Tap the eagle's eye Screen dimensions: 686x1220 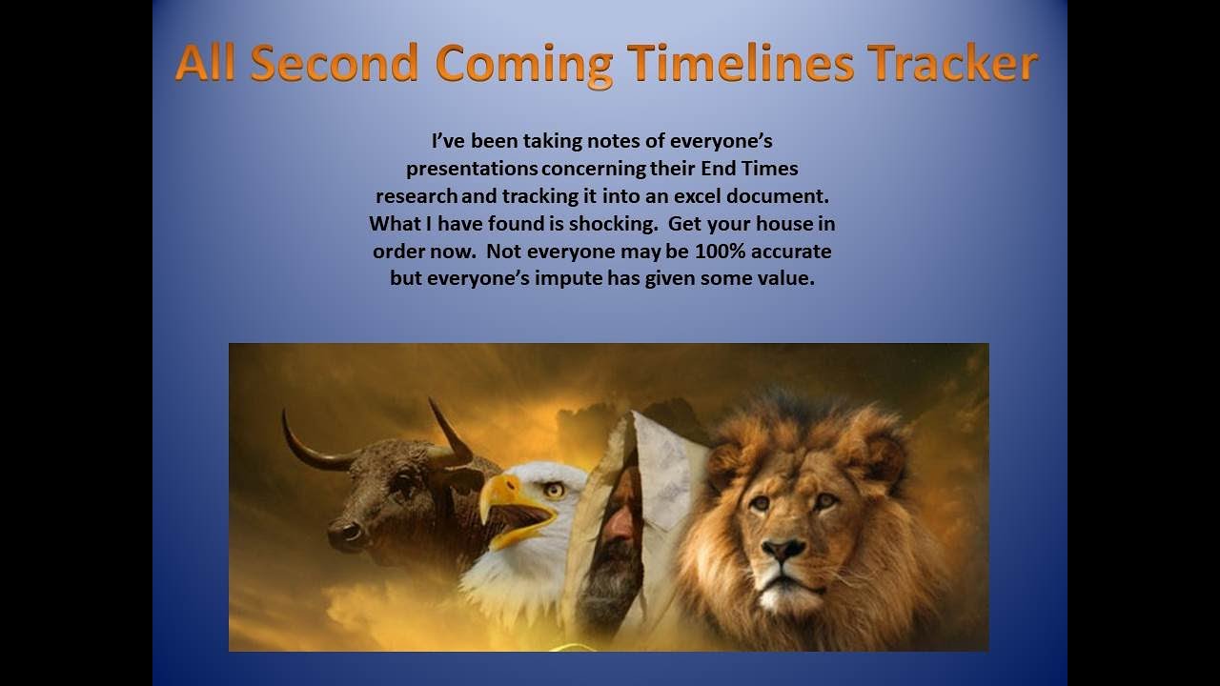coord(554,490)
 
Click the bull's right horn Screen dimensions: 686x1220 coord(448,434)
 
